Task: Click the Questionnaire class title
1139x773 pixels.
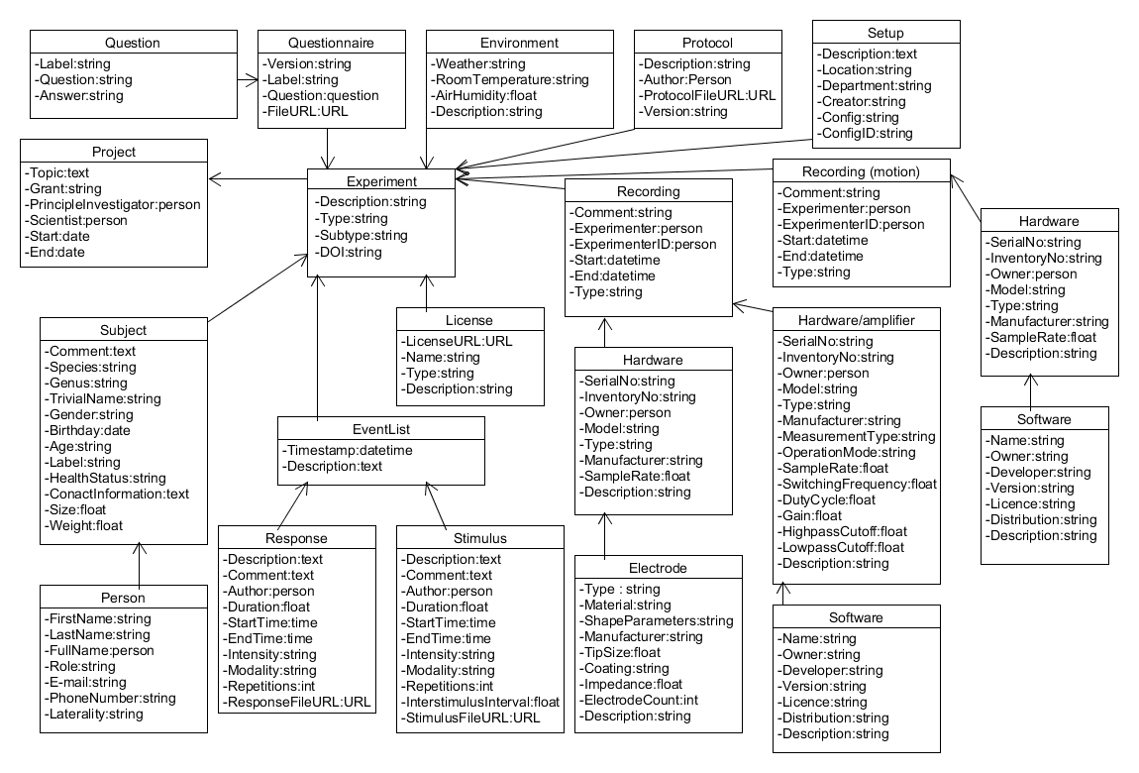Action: [332, 43]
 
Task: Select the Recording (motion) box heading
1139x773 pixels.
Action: [861, 171]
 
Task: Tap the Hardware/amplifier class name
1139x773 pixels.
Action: [856, 320]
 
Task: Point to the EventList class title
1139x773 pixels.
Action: [380, 430]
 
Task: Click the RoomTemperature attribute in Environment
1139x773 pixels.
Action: [509, 79]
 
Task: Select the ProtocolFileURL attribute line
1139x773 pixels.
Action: [707, 95]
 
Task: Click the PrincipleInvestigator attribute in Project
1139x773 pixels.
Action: [113, 204]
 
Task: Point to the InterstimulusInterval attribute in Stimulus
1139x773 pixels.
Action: [480, 702]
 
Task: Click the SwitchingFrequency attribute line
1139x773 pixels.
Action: [858, 484]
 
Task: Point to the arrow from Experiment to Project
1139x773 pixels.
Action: [258, 179]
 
